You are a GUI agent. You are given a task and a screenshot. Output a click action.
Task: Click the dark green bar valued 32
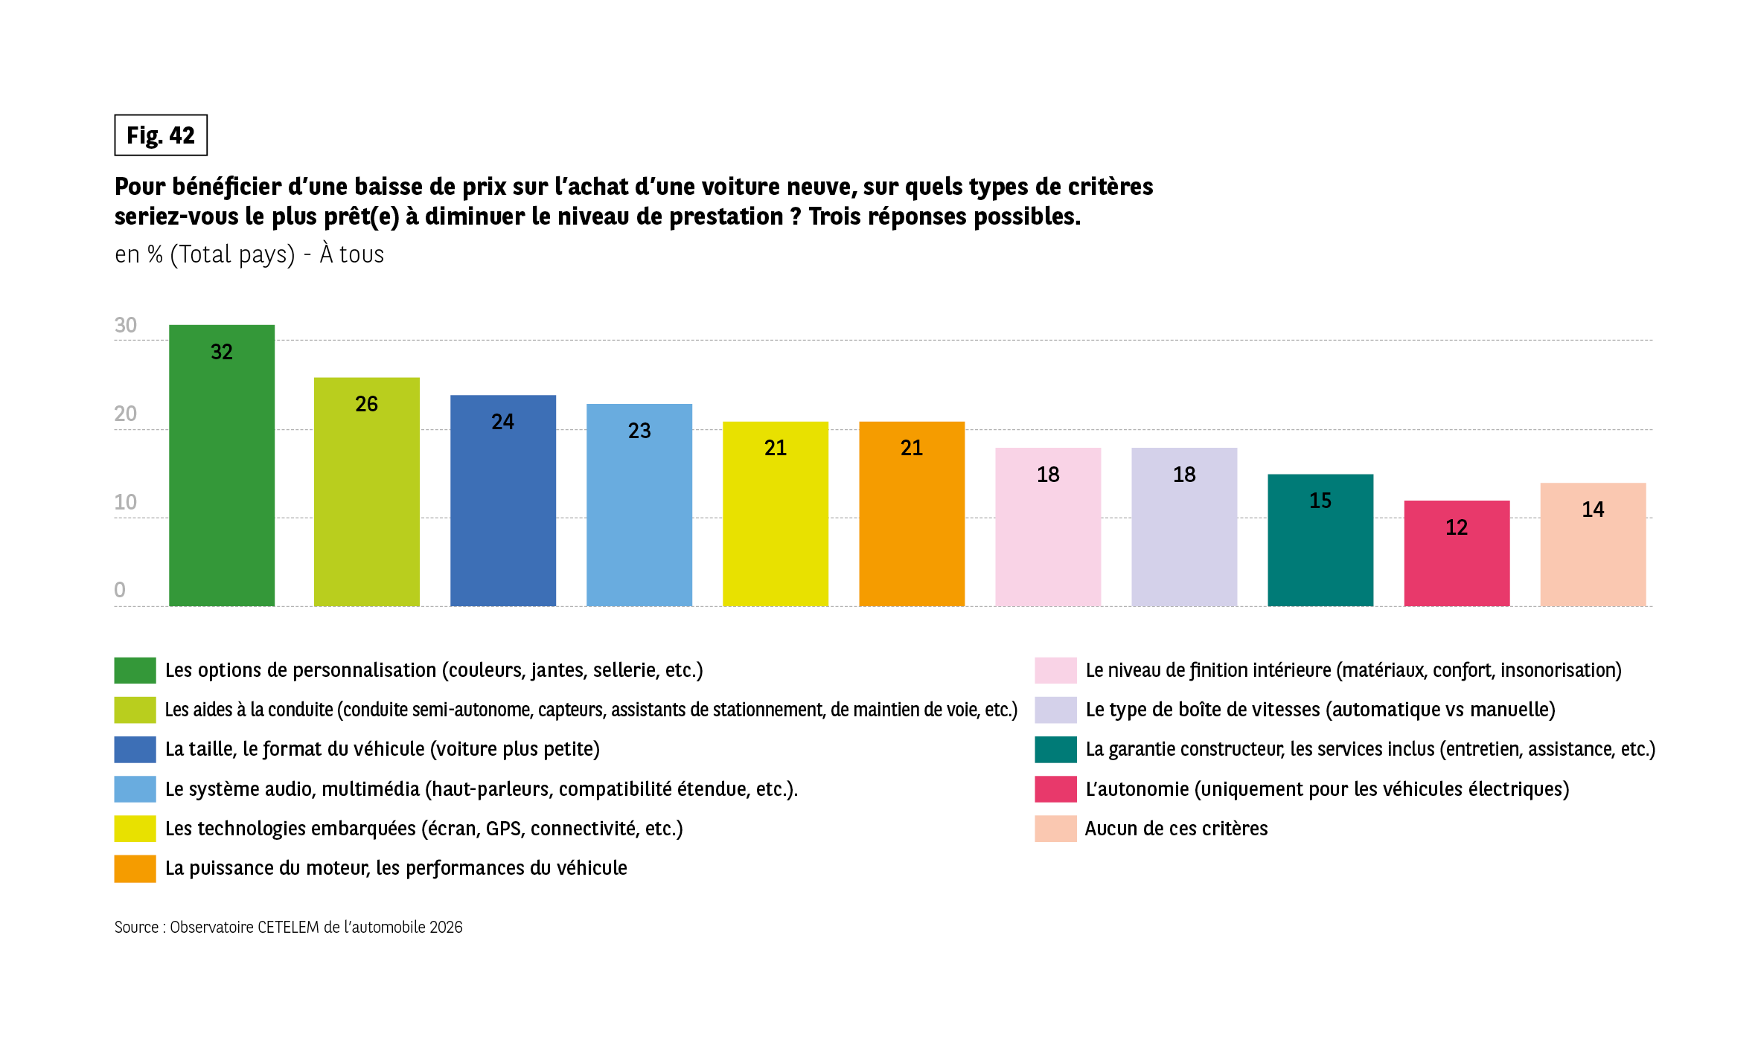click(x=222, y=476)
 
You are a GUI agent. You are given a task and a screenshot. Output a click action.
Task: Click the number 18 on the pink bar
click(x=1048, y=475)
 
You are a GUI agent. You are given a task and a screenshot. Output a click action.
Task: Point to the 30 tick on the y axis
click(x=125, y=325)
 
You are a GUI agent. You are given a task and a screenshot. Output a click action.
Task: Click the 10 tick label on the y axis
click(x=125, y=502)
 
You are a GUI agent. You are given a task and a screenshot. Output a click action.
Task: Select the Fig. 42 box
click(x=161, y=135)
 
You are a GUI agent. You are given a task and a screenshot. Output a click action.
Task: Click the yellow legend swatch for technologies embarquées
click(x=135, y=828)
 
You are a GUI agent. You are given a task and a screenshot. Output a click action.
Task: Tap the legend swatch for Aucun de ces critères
click(x=1055, y=828)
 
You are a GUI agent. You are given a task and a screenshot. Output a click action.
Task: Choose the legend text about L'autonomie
click(x=1327, y=788)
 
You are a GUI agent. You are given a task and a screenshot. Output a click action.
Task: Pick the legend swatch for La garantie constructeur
click(x=1055, y=749)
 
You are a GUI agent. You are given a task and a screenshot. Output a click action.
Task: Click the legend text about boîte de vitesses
click(x=1320, y=710)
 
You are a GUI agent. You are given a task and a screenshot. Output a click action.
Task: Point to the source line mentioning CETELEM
click(x=288, y=927)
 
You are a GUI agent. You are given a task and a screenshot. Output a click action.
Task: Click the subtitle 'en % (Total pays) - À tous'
click(x=249, y=254)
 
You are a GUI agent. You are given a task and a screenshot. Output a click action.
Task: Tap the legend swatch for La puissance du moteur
click(x=135, y=868)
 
